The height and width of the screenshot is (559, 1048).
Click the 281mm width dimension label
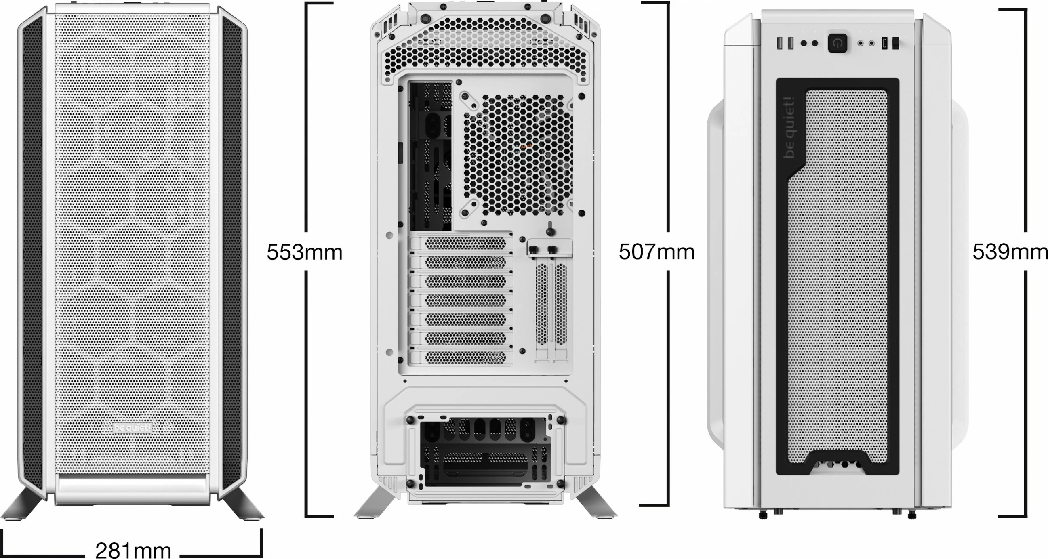(x=133, y=551)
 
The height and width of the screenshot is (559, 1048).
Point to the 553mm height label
(x=304, y=252)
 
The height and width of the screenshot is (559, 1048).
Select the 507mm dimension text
(x=656, y=252)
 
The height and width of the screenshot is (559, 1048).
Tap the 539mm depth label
(x=1010, y=252)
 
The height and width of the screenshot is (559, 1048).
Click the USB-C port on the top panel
(x=884, y=44)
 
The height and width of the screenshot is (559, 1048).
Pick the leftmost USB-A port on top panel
(x=779, y=44)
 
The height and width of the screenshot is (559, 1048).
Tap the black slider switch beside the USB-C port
(x=895, y=44)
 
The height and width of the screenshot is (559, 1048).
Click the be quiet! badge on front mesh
(x=133, y=428)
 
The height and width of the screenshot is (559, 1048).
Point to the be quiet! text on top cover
(x=790, y=127)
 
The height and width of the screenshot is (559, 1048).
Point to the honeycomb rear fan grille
(x=518, y=155)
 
